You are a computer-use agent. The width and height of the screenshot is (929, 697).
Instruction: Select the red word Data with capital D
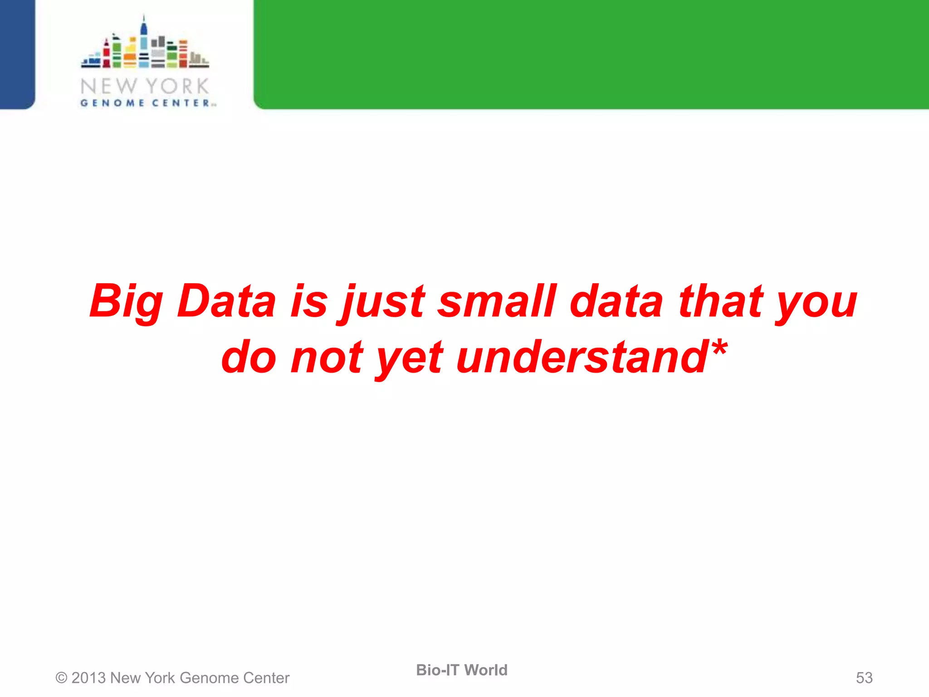point(226,301)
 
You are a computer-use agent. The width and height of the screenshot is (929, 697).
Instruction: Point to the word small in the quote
point(497,301)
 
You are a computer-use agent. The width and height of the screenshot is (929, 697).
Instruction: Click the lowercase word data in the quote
point(616,301)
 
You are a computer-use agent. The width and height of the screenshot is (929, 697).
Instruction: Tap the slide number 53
point(864,678)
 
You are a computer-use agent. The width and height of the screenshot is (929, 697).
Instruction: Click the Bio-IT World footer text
point(462,670)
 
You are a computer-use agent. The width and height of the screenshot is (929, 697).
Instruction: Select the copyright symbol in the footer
point(61,678)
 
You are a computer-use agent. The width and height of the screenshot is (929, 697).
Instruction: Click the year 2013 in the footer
point(88,678)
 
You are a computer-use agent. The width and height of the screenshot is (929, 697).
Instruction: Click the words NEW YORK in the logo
point(145,86)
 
